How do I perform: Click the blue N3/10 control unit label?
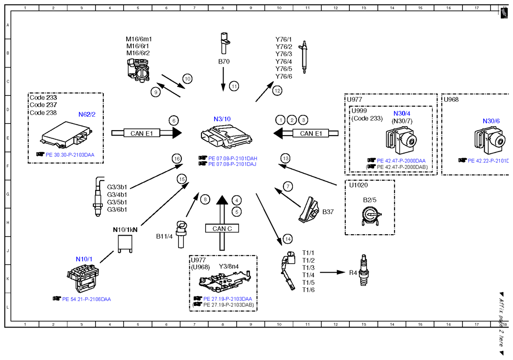222,119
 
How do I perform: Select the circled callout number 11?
234,87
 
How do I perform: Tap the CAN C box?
222,228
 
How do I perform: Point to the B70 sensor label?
224,61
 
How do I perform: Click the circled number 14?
288,239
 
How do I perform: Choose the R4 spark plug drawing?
363,270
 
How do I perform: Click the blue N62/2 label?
87,114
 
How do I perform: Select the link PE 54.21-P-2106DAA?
87,299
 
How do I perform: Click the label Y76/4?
284,61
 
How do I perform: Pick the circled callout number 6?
174,121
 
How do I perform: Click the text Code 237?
43,105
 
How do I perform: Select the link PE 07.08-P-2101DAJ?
232,164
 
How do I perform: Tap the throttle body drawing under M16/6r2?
139,69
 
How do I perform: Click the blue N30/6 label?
491,121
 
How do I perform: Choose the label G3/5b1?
117,202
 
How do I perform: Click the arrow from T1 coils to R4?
332,272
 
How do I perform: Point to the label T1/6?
308,290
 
